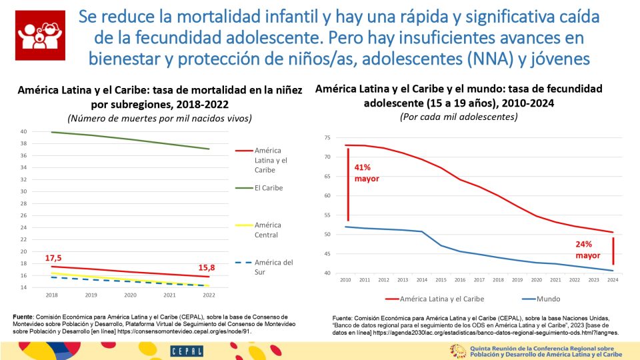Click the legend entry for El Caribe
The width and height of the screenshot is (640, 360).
pyautogui.click(x=269, y=188)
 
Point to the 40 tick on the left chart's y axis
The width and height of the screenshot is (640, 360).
pyautogui.click(x=23, y=131)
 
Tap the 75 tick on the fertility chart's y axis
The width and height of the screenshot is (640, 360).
pyautogui.click(x=327, y=137)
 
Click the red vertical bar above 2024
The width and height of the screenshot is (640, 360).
pyautogui.click(x=613, y=246)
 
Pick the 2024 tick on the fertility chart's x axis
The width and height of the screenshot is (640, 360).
pyautogui.click(x=613, y=280)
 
